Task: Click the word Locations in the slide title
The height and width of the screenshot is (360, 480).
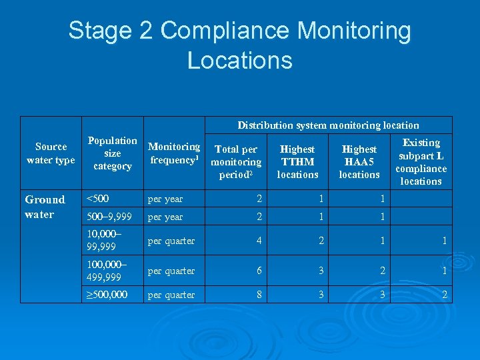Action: click(x=239, y=60)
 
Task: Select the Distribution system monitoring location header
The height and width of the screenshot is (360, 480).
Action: click(x=328, y=125)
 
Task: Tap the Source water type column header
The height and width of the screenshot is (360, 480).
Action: click(x=51, y=153)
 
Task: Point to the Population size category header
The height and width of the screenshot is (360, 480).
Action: click(x=113, y=153)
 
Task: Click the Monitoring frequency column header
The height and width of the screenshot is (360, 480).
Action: click(x=173, y=153)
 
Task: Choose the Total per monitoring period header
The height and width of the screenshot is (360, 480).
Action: click(x=236, y=162)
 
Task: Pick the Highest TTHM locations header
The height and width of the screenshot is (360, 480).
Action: click(x=297, y=162)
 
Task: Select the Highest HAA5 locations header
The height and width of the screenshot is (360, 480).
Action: click(x=359, y=162)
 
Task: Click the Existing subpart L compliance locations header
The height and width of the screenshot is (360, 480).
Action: click(x=421, y=162)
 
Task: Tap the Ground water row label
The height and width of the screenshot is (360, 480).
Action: click(x=45, y=207)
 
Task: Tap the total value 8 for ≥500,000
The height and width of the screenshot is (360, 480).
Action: click(x=259, y=294)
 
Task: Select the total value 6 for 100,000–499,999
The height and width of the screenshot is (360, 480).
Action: click(x=259, y=271)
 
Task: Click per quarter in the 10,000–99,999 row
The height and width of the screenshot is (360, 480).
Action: click(x=171, y=241)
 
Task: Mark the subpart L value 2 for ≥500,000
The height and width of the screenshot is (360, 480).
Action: click(x=443, y=294)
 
